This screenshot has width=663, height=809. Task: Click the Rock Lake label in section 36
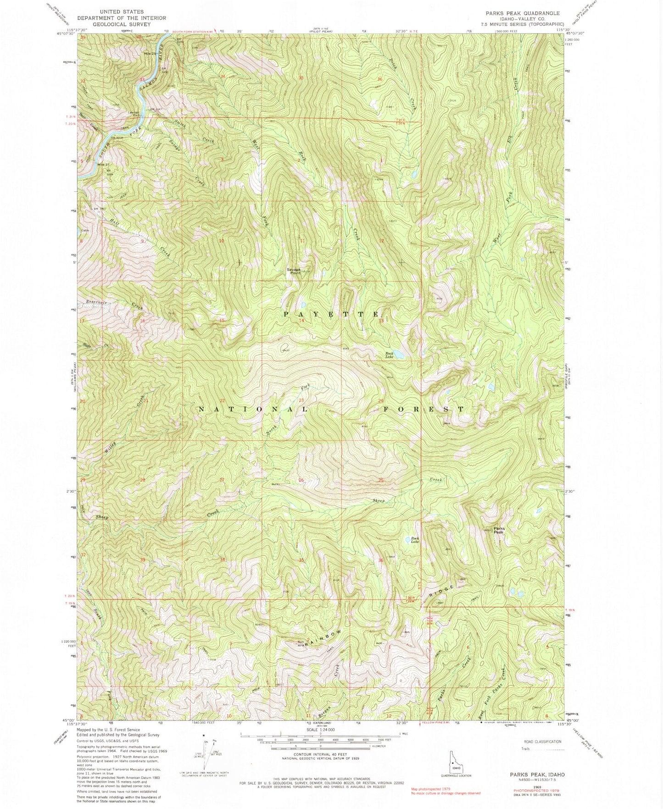(x=415, y=540)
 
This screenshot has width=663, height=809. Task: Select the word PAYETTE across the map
(x=332, y=314)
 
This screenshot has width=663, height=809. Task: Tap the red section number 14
(x=301, y=321)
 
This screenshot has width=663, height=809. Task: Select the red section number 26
(x=301, y=480)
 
